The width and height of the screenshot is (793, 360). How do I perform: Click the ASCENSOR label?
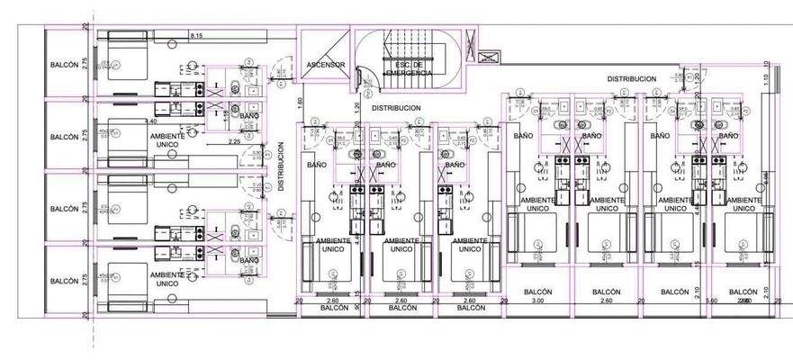coord(325,65)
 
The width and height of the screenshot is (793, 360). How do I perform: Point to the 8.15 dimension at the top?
coord(195,35)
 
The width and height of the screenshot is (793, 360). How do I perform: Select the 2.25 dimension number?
coord(233,141)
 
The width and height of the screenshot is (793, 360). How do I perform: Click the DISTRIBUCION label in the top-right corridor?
coord(632,79)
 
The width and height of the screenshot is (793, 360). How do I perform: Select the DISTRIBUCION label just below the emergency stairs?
coord(396,108)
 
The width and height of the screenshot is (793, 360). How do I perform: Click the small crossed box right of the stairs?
coord(487,58)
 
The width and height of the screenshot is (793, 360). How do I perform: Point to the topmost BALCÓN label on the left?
coord(64,65)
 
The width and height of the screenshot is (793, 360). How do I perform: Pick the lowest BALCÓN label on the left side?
coord(64,281)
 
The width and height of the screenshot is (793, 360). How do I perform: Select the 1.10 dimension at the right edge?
coord(764,79)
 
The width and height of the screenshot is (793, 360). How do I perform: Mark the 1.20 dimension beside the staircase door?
coord(357,106)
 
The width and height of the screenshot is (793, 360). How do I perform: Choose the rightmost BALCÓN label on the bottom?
coord(743,292)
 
